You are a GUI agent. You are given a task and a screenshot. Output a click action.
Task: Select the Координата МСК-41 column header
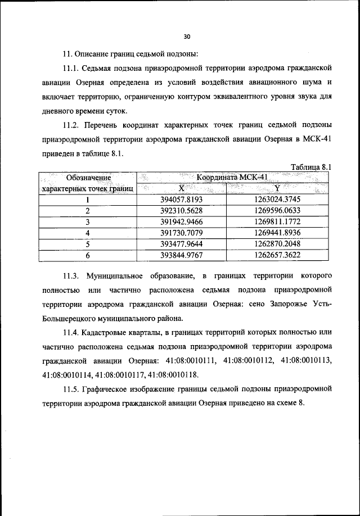click(231, 178)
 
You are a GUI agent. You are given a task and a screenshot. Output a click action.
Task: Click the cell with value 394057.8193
click(181, 200)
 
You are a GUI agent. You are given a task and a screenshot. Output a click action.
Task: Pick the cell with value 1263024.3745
click(277, 200)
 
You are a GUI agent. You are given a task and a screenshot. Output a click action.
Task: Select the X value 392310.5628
click(181, 211)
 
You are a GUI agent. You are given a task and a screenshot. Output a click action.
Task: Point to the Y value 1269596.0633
click(277, 211)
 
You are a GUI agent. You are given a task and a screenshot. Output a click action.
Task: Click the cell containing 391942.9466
click(181, 221)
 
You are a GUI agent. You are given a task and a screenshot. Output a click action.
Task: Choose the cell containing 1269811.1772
click(277, 221)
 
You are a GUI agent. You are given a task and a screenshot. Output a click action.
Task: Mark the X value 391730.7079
click(181, 233)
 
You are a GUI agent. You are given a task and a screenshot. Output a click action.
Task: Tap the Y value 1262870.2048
click(277, 243)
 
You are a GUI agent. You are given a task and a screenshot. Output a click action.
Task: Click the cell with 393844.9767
click(181, 254)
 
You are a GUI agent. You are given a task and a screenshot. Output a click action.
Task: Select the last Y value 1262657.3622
click(277, 254)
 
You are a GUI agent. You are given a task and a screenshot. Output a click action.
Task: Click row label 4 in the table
click(88, 233)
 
